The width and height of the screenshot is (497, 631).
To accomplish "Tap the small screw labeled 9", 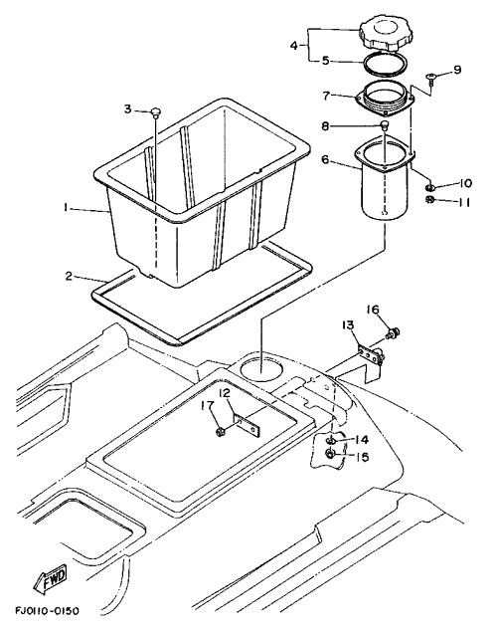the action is click(431, 79).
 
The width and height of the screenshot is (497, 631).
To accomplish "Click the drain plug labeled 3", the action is click(156, 112).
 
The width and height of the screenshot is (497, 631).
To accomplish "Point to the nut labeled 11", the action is click(429, 199).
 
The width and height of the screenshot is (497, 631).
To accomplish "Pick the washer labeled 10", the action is click(429, 187).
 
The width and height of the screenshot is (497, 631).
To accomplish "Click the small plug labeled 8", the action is click(385, 125).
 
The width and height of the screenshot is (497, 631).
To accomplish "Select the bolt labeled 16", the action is click(392, 332).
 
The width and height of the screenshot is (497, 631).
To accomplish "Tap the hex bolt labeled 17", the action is click(221, 432).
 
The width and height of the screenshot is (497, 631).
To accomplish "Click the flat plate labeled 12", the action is click(247, 426).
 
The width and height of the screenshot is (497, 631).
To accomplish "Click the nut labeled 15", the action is click(330, 454).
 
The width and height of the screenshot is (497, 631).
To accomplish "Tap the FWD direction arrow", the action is click(50, 579).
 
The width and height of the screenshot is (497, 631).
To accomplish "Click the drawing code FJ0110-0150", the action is click(48, 611).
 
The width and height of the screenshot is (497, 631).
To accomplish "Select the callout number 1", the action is click(65, 207).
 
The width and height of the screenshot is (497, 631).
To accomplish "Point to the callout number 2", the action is click(70, 276).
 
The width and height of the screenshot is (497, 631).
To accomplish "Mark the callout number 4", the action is click(294, 45).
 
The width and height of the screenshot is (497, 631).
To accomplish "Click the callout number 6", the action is click(325, 159).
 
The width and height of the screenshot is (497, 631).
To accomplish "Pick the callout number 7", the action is click(326, 96).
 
